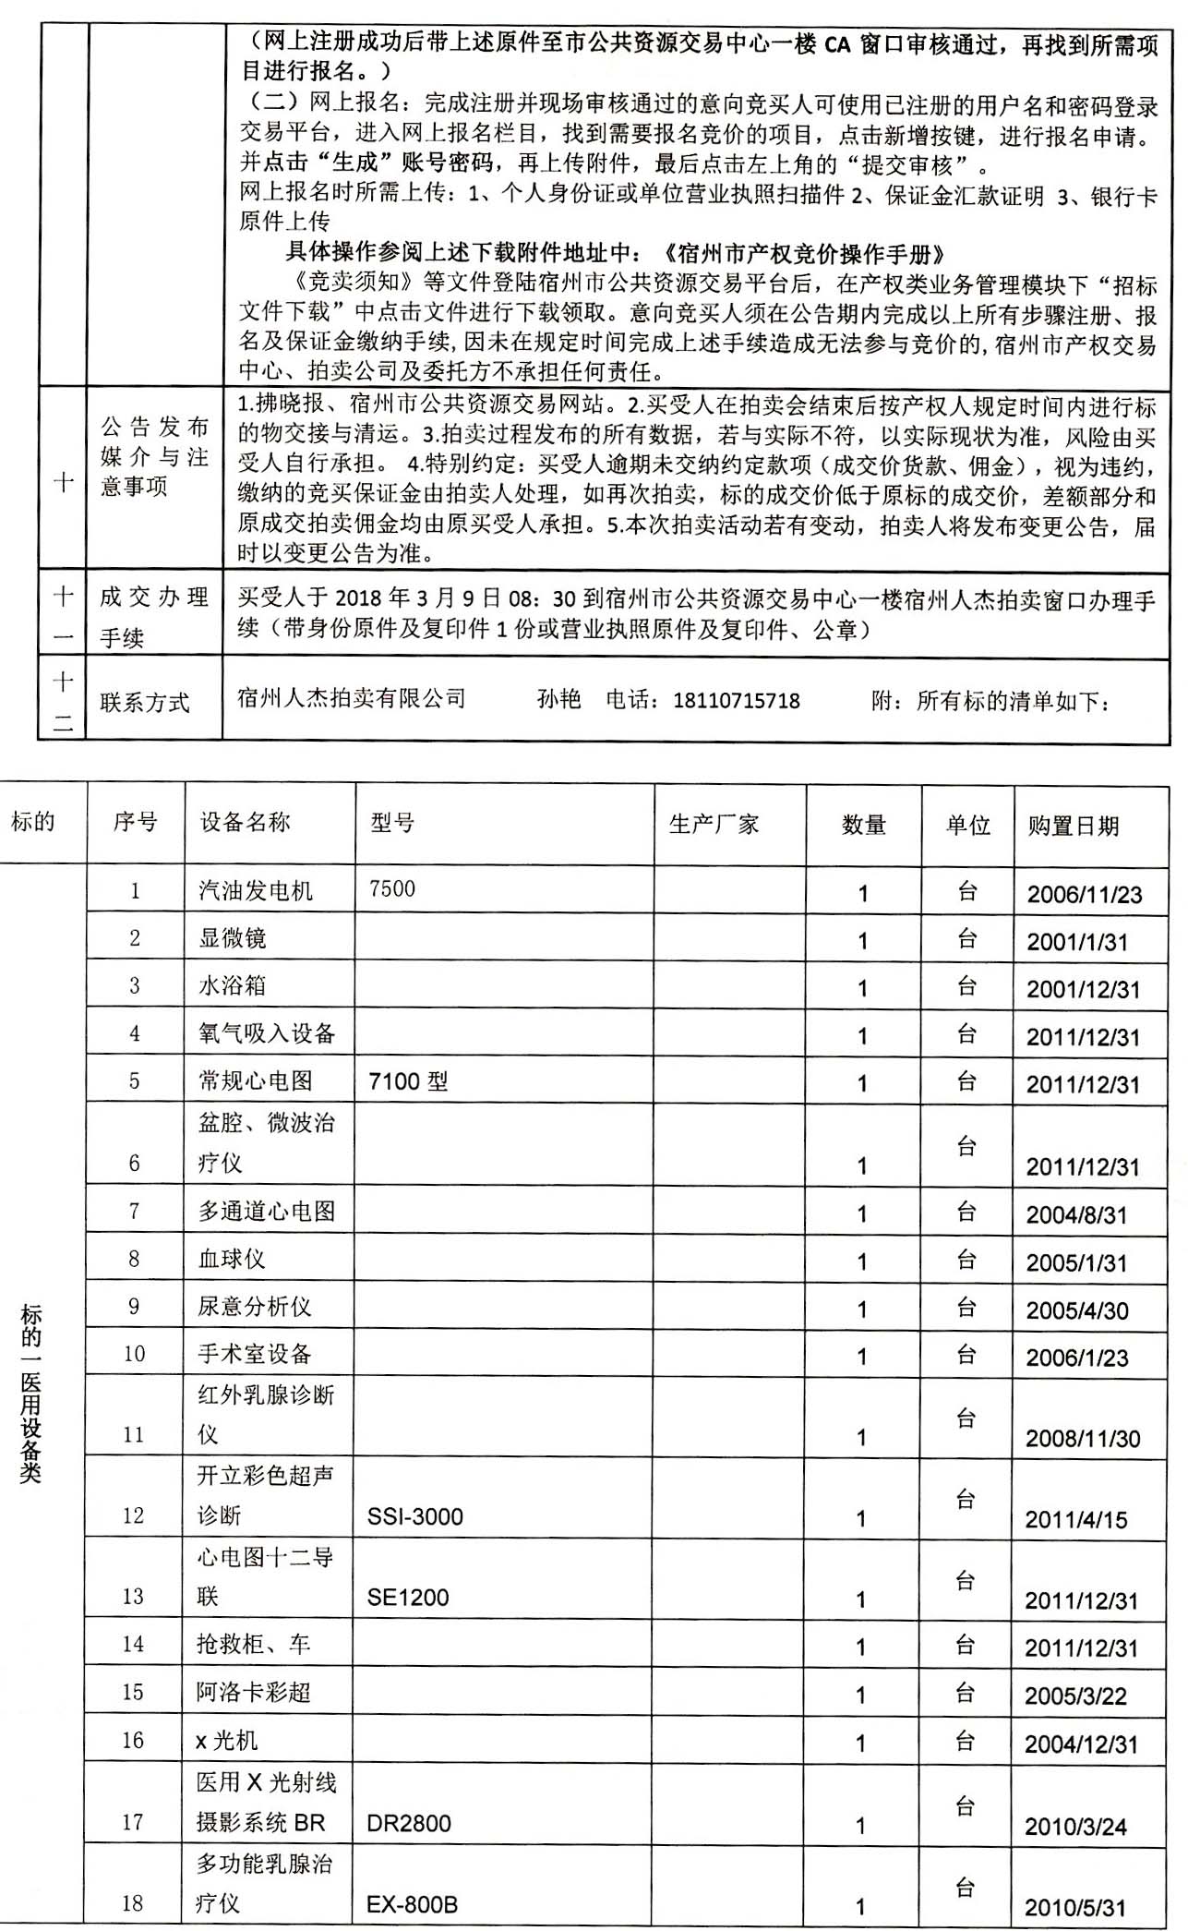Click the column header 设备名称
pyautogui.click(x=245, y=822)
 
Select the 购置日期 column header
pyautogui.click(x=1073, y=825)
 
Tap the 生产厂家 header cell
pyautogui.click(x=714, y=824)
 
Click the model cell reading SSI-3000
pyautogui.click(x=414, y=1516)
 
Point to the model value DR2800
pyautogui.click(x=408, y=1823)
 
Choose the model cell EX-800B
pyautogui.click(x=412, y=1903)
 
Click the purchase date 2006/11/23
pyautogui.click(x=1084, y=894)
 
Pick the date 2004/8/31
pyautogui.click(x=1076, y=1214)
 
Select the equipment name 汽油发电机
pyautogui.click(x=255, y=890)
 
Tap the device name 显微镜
pyautogui.click(x=232, y=938)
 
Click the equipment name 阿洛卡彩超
pyautogui.click(x=253, y=1692)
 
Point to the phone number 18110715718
pyautogui.click(x=737, y=700)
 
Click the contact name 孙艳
pyautogui.click(x=558, y=698)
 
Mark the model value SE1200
pyautogui.click(x=407, y=1598)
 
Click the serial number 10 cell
pyautogui.click(x=135, y=1354)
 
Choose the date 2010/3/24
pyautogui.click(x=1075, y=1826)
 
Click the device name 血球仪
pyautogui.click(x=232, y=1259)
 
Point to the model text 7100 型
pyautogui.click(x=407, y=1080)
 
